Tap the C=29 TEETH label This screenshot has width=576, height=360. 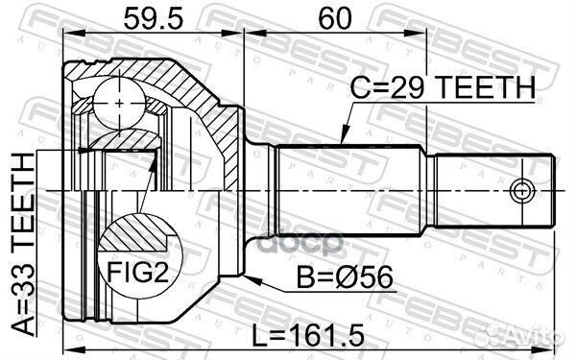442,88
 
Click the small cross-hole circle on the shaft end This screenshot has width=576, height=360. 522,187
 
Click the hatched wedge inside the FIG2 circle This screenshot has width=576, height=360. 133,230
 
